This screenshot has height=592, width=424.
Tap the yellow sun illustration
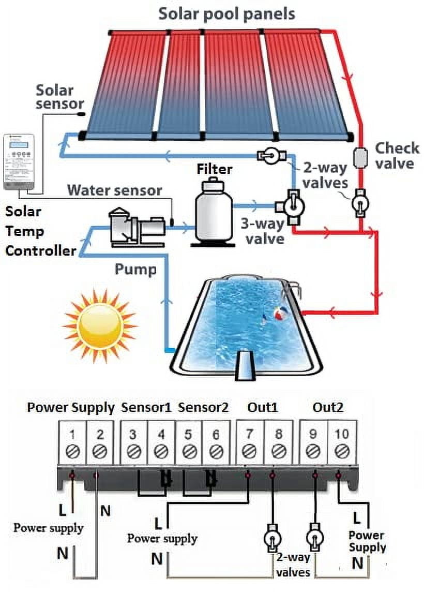tap(100, 325)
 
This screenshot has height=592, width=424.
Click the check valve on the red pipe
tap(358, 158)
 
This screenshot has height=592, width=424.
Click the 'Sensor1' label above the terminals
tap(146, 407)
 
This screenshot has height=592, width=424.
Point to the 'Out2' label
tap(327, 407)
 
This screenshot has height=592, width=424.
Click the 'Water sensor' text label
tap(114, 190)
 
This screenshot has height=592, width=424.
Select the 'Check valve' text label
tap(396, 155)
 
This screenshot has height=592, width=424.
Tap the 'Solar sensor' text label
tap(55, 97)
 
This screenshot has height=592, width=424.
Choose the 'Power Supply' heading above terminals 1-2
tap(70, 407)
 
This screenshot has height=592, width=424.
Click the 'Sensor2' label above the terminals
tap(203, 407)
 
